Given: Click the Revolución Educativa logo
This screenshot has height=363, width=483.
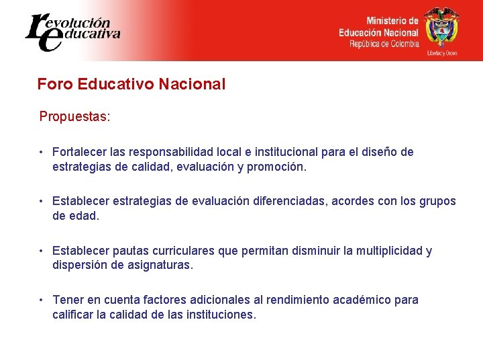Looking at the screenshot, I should (x=72, y=31).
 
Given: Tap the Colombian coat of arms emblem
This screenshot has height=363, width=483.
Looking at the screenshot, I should (x=441, y=29).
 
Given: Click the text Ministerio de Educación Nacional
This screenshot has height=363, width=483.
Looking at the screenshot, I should (x=378, y=27).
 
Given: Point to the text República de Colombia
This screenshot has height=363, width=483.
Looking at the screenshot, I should (x=384, y=44).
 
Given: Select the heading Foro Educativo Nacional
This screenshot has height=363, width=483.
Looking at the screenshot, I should (x=131, y=84).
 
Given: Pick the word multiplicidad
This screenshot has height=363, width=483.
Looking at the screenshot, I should (x=388, y=251).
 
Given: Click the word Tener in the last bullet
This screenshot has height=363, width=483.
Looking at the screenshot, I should (x=67, y=300).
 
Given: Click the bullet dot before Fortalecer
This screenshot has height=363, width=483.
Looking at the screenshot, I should (x=42, y=152).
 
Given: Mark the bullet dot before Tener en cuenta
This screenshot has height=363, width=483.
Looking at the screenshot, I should (x=42, y=300).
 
